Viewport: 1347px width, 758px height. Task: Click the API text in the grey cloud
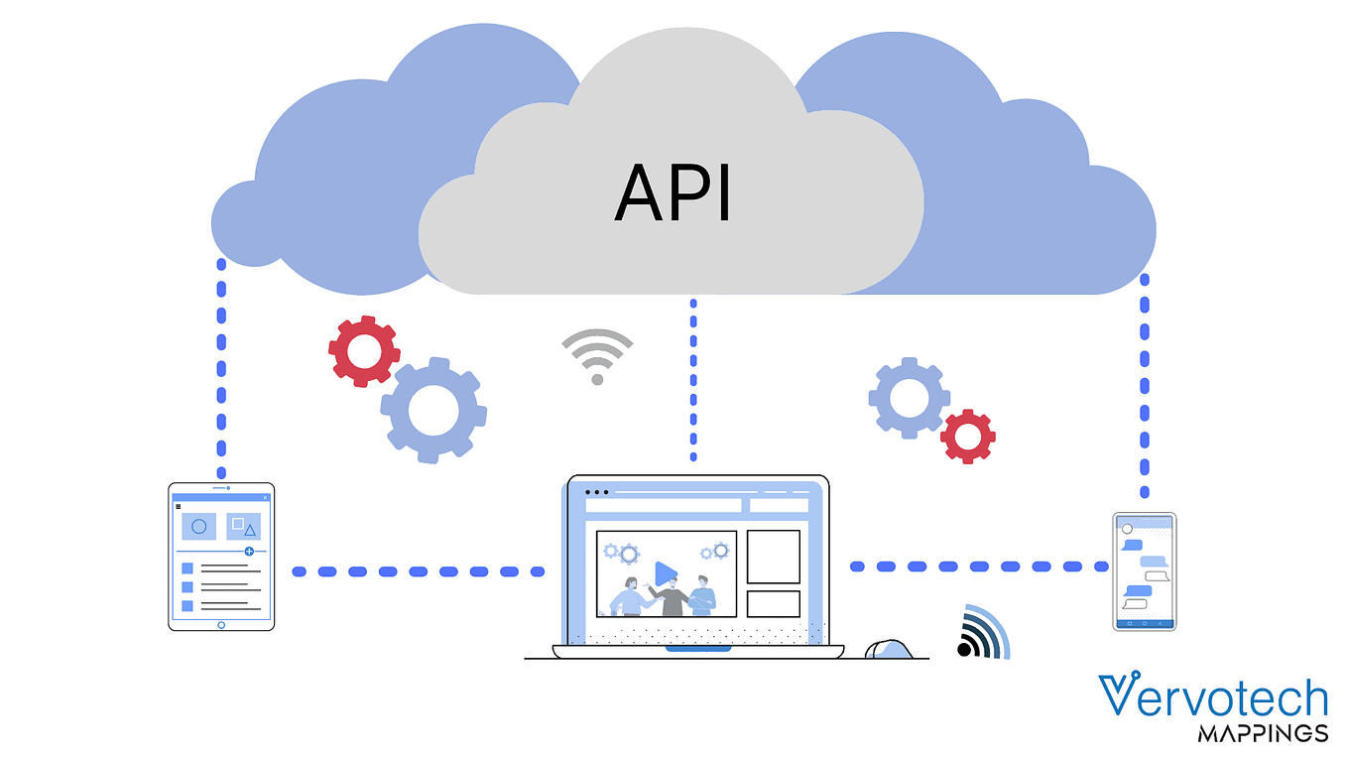pos(673,193)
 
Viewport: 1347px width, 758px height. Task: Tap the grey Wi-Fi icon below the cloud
pos(597,355)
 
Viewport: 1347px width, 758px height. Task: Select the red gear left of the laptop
pos(364,351)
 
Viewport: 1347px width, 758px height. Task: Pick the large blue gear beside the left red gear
pos(433,411)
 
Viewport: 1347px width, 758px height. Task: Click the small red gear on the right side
pos(967,437)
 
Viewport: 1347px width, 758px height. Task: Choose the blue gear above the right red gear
pos(910,398)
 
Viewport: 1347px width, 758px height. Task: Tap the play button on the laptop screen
pos(666,573)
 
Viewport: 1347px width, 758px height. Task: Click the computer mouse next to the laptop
pos(889,649)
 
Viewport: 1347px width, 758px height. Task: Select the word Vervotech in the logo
pos(1213,695)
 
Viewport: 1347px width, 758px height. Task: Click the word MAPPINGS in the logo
pos(1263,733)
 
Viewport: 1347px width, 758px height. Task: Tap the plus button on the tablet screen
pos(249,551)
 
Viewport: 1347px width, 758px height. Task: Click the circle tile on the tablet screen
pos(199,527)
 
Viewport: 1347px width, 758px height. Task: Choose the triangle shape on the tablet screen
pos(250,530)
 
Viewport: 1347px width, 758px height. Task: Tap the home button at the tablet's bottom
pos(221,626)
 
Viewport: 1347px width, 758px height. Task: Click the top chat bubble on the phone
pos(1133,545)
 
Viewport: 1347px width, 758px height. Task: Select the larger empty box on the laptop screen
pos(774,557)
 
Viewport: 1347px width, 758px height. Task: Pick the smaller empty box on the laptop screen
pos(774,604)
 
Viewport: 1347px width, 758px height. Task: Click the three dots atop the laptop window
pos(596,492)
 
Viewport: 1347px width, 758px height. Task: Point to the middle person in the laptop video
pos(670,596)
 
